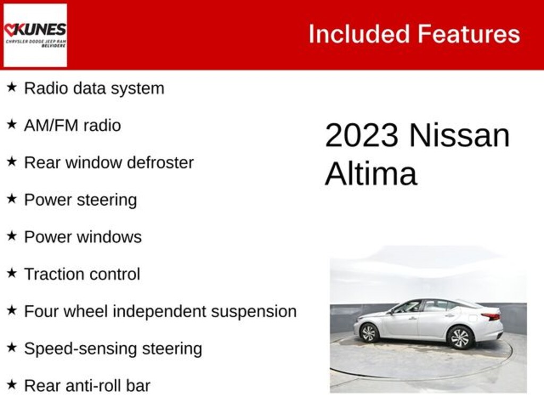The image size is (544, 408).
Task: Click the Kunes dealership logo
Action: click(x=35, y=35)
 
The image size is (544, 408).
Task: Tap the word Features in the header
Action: click(x=469, y=34)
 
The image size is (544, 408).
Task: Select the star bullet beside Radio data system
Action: click(x=12, y=88)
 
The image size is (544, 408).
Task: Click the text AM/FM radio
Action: click(x=72, y=125)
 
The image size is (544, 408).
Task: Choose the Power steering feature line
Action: click(x=80, y=200)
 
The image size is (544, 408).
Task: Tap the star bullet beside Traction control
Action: click(x=12, y=274)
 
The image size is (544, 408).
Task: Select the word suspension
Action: click(x=253, y=312)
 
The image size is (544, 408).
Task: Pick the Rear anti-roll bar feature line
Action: click(x=87, y=386)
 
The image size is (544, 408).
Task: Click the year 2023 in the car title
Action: click(x=361, y=135)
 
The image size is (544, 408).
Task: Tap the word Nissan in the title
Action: click(x=459, y=135)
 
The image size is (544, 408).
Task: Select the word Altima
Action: click(x=370, y=174)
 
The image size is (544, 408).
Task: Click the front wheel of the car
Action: click(x=369, y=333)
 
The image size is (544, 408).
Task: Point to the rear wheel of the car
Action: click(x=460, y=337)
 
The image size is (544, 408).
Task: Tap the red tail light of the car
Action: click(x=491, y=317)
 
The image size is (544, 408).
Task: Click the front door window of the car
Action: click(x=408, y=307)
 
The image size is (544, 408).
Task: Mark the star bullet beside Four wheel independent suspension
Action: click(x=12, y=311)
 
